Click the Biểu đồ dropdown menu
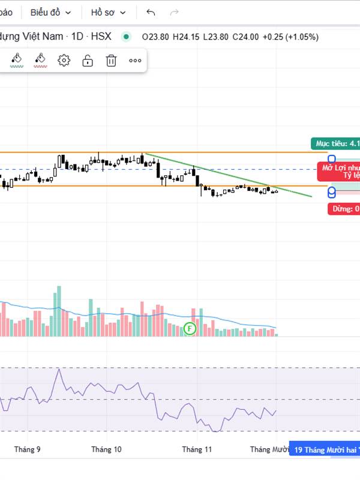50,12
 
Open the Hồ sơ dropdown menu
109,12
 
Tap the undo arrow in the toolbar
151,12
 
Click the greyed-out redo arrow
175,12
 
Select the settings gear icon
64,60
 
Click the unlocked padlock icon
88,60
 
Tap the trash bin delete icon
111,60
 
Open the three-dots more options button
135,60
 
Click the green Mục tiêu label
335,143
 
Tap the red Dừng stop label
344,209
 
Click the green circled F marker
190,328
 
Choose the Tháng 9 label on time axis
28,449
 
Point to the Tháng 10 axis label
106,449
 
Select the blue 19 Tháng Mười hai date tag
325,449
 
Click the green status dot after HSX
126,37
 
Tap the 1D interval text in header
77,37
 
